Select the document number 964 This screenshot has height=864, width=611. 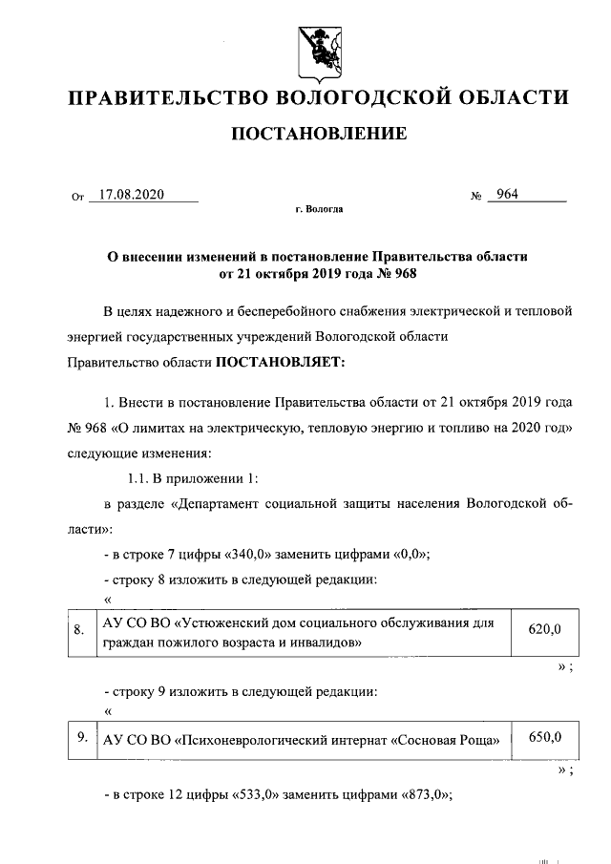point(507,195)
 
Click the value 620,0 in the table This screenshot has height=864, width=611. point(544,628)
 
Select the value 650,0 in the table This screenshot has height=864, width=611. point(544,737)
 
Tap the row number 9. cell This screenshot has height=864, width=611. point(83,737)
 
